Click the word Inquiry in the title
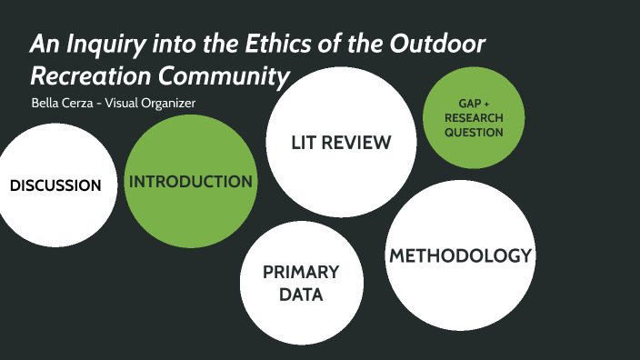click(101, 44)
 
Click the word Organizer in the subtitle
click(167, 103)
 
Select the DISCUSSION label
click(55, 185)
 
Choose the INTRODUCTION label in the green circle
click(191, 182)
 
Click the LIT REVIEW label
click(341, 143)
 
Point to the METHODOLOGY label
click(460, 255)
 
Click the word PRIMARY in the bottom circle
click(301, 272)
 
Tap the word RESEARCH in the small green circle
click(474, 118)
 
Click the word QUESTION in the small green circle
click(474, 133)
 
